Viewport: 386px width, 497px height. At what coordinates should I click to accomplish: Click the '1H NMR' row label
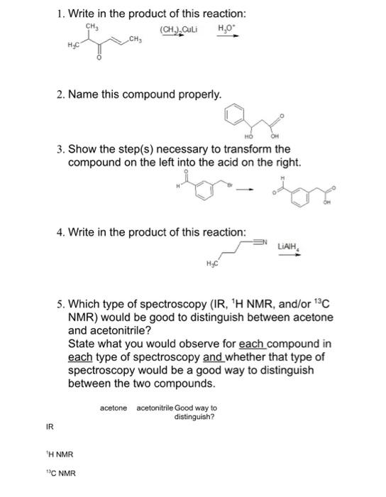(59, 454)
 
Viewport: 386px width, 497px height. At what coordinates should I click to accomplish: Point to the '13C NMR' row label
(60, 472)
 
